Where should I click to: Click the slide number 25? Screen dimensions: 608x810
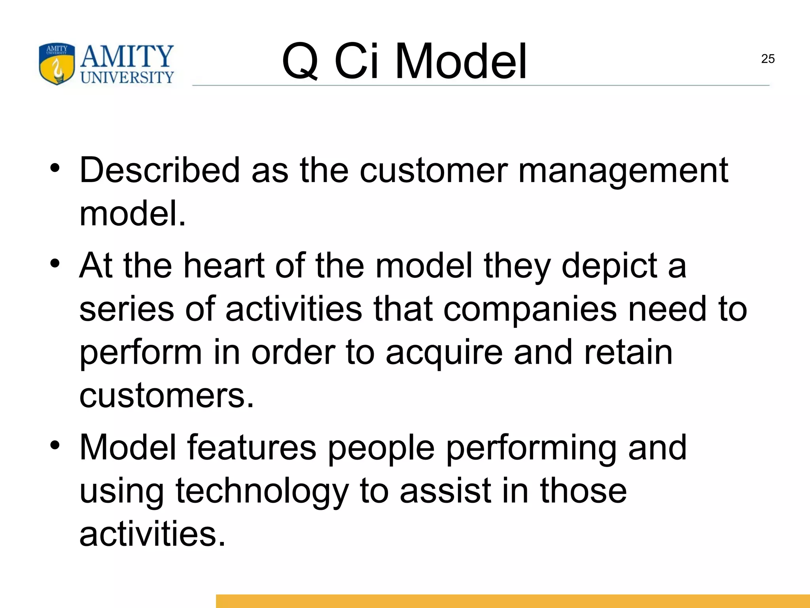pyautogui.click(x=768, y=59)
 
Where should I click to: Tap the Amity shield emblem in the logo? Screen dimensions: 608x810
pyautogui.click(x=57, y=64)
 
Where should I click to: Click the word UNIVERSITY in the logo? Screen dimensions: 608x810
pyautogui.click(x=127, y=77)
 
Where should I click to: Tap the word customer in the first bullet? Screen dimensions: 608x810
pyautogui.click(x=433, y=171)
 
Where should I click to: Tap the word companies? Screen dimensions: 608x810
pyautogui.click(x=530, y=309)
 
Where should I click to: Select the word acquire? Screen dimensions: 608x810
pyautogui.click(x=444, y=353)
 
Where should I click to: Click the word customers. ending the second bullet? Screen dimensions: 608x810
pyautogui.click(x=167, y=396)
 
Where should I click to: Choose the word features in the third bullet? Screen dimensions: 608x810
pyautogui.click(x=252, y=447)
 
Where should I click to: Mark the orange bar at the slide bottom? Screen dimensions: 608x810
pyautogui.click(x=513, y=601)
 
